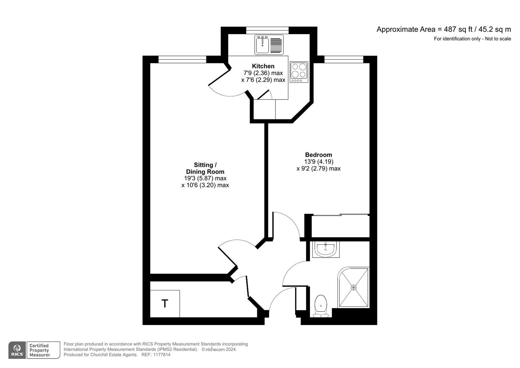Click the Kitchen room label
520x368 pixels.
tap(263, 66)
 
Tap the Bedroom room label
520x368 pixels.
tap(318, 155)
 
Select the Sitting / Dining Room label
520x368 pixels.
tap(205, 168)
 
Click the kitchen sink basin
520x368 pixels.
tap(262, 45)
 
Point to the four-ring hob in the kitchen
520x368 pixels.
tap(299, 72)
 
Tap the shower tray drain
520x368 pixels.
tap(353, 288)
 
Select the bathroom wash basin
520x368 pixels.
tap(326, 249)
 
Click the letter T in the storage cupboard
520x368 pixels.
tap(165, 303)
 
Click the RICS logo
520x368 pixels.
tap(17, 350)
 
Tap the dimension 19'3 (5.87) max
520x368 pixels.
tap(205, 178)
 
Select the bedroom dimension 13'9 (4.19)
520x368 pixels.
tap(318, 162)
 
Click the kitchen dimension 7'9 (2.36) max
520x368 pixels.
tap(263, 73)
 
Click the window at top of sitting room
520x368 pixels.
tap(182, 60)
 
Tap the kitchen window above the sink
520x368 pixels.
tap(267, 30)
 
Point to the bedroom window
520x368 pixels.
tap(344, 60)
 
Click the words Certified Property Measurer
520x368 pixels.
tap(40, 350)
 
